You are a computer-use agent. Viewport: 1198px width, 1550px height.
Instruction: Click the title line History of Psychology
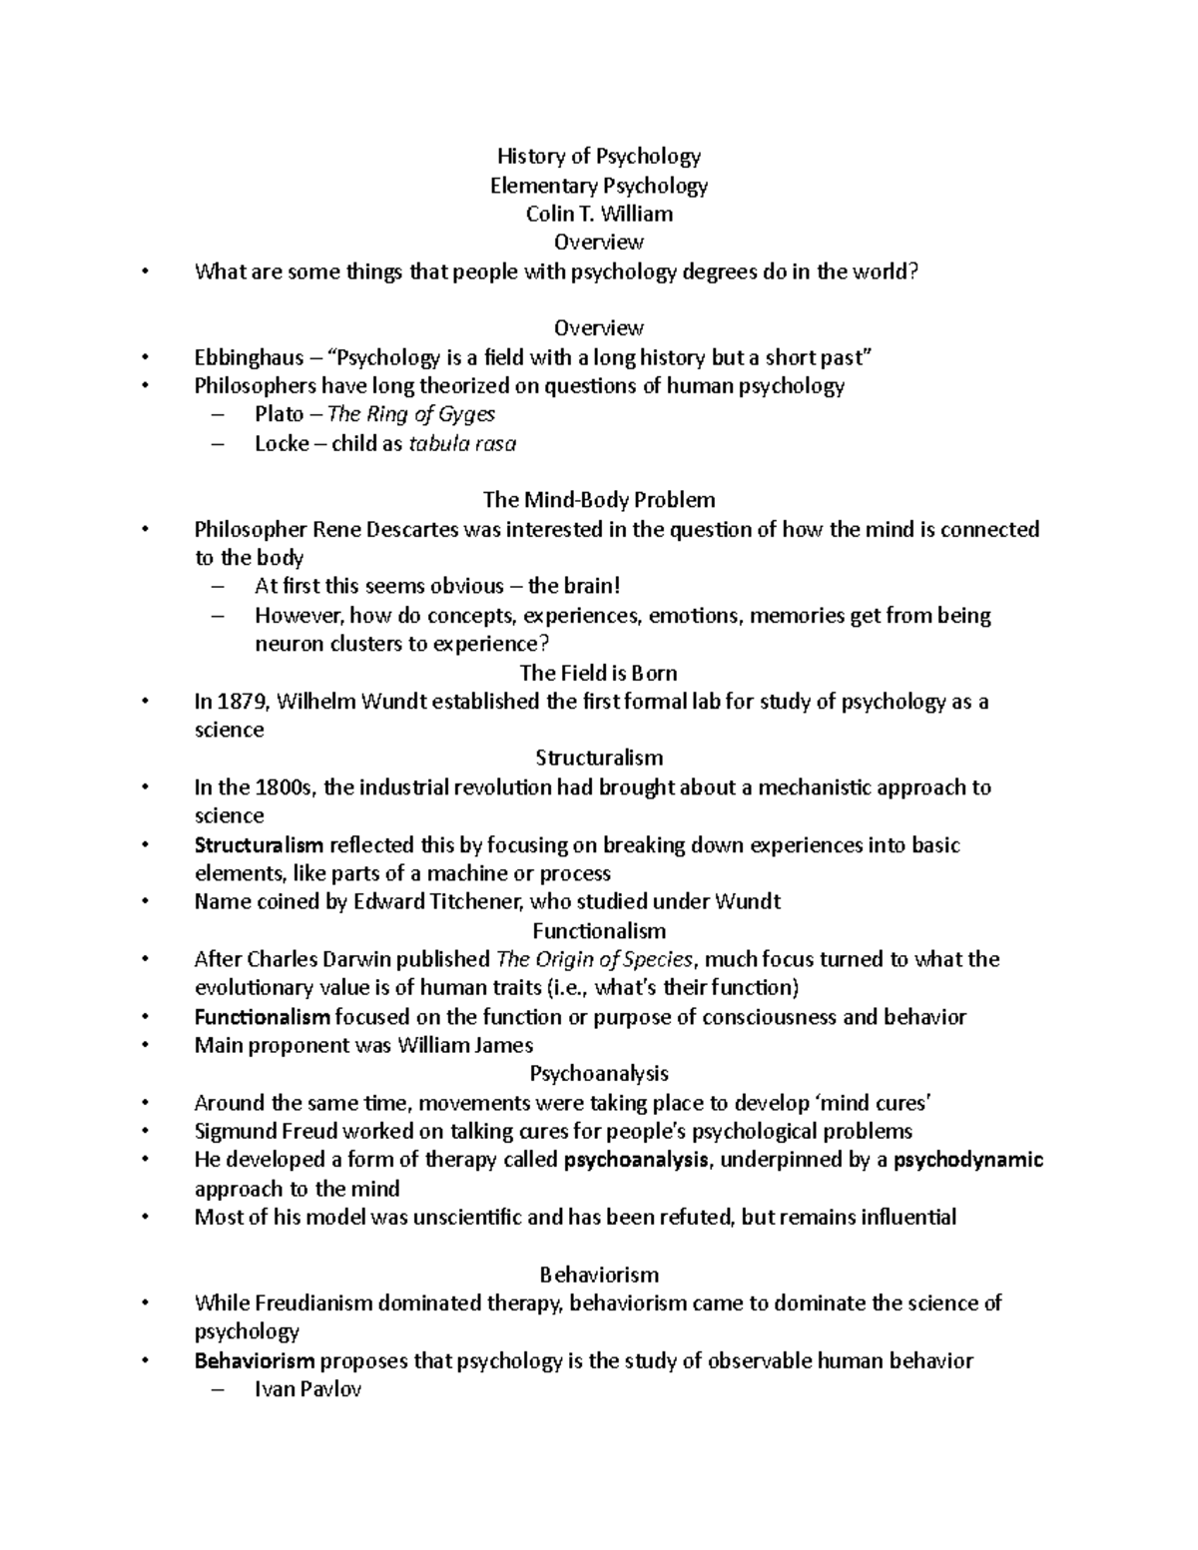point(599,156)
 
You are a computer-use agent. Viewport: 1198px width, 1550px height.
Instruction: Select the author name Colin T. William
point(599,214)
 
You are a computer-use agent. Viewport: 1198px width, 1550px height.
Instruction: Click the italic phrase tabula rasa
point(462,443)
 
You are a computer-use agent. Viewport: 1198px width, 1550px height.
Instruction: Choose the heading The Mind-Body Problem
point(599,499)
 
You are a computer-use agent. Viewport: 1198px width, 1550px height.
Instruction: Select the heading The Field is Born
point(599,673)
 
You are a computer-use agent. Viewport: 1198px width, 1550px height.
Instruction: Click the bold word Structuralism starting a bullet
point(259,845)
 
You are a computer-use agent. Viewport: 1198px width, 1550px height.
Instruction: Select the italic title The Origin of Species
point(594,959)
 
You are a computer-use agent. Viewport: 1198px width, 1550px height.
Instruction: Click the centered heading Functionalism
point(599,931)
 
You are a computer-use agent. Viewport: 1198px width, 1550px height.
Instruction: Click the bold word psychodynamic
point(967,1160)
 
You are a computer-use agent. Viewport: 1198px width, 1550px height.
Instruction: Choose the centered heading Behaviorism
point(599,1275)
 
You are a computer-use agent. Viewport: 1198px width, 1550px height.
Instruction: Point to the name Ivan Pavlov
point(307,1389)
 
